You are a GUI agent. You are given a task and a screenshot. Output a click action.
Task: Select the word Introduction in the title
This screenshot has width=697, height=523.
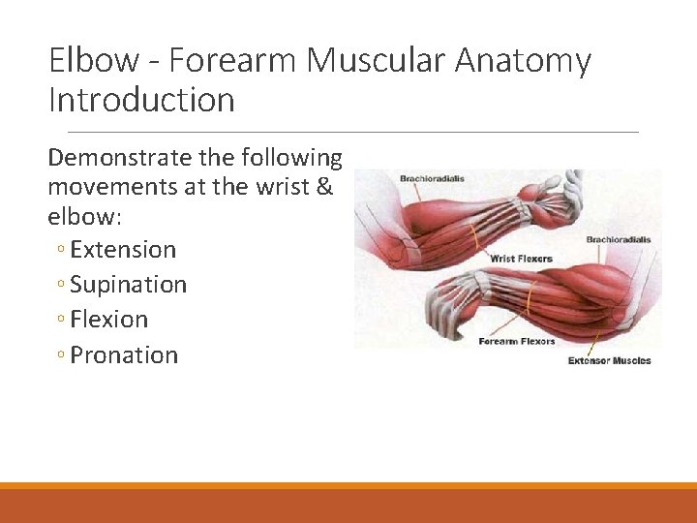[x=141, y=100]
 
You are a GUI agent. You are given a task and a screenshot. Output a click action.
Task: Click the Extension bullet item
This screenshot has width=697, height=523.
[x=123, y=249]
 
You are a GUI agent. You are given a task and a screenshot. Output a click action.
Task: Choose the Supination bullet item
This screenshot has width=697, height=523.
[x=128, y=285]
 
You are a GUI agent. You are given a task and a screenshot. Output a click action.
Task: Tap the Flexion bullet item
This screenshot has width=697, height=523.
[x=109, y=320]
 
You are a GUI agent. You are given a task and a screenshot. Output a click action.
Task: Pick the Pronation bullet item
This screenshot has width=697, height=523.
[x=124, y=354]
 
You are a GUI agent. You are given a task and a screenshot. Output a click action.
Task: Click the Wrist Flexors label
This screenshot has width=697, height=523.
[x=521, y=259]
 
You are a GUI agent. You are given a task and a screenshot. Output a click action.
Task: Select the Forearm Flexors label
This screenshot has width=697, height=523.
[x=517, y=341]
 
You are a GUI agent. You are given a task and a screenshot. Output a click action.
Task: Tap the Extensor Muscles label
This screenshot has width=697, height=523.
[x=609, y=361]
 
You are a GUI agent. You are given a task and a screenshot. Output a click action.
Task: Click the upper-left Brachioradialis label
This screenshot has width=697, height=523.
[x=431, y=179]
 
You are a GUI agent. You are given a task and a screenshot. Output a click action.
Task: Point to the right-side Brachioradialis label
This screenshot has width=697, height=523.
[x=619, y=239]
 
